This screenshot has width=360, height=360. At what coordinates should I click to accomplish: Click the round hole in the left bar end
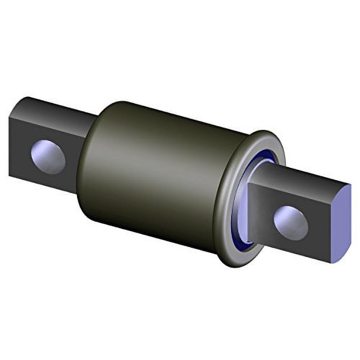48,157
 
